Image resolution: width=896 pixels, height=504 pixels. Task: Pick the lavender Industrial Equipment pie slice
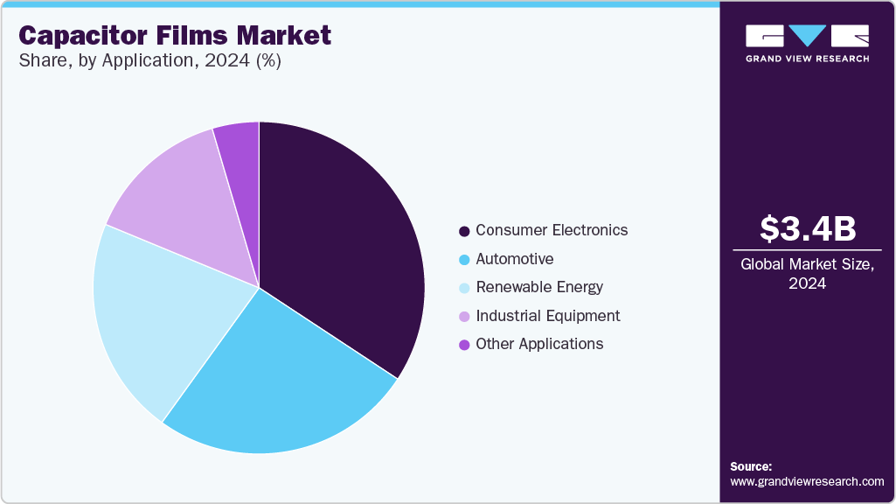[x=175, y=201]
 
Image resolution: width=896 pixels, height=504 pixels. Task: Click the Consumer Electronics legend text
[x=552, y=231]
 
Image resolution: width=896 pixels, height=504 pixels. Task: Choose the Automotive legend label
[x=514, y=259]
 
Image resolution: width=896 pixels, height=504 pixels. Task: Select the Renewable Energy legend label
[x=539, y=287]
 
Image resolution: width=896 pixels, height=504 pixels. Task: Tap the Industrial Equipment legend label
[x=548, y=316]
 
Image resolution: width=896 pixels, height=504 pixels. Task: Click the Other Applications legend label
[x=539, y=344]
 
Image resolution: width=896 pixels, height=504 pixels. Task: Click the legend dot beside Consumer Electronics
[x=464, y=232]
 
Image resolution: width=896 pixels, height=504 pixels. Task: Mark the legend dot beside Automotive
[x=464, y=260]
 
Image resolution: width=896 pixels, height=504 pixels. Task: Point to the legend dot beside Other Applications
[x=464, y=345]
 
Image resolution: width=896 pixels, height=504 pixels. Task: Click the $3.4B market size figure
[x=807, y=228]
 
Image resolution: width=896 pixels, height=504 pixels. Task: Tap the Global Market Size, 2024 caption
[x=807, y=274]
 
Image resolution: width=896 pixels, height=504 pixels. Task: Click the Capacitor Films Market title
[x=175, y=36]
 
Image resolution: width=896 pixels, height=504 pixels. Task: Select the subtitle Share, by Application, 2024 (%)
[x=149, y=62]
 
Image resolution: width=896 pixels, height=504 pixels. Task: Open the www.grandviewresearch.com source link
[x=807, y=481]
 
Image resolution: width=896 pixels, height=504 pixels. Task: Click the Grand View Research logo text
[x=807, y=59]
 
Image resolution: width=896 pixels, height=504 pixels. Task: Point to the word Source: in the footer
[x=751, y=466]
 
